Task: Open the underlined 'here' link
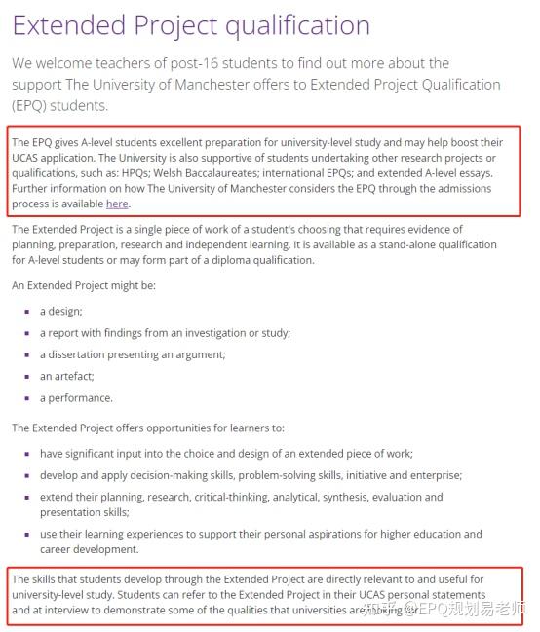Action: [117, 204]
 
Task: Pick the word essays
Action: [474, 173]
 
